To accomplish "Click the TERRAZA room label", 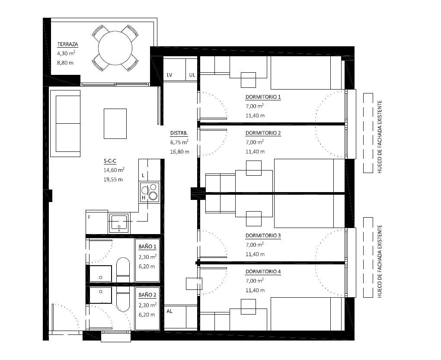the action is point(67,44).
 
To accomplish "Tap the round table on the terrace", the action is point(115,48).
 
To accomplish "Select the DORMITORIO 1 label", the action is point(263,97).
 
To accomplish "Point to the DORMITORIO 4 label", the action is point(263,272).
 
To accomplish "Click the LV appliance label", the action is point(169,75).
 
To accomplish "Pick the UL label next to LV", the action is point(192,75).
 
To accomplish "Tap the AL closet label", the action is point(169,311).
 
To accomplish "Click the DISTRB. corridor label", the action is point(179,133).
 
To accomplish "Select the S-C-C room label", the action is point(110,161).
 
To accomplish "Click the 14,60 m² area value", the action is point(114,170).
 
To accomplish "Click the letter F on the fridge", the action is point(89,217).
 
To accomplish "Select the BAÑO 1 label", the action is point(147,247).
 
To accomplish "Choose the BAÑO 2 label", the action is point(147,295).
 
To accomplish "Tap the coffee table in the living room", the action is point(115,124).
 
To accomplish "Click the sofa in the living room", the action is point(65,123).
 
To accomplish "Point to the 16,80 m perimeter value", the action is point(180,152).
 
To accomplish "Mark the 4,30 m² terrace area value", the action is point(66,53).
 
